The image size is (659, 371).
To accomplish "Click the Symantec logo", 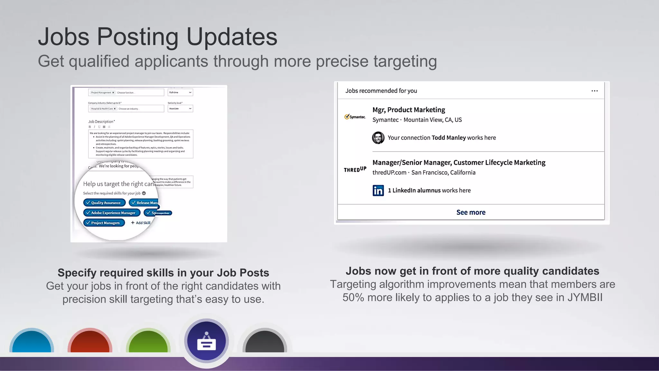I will [x=355, y=117].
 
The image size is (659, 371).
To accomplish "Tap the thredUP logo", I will [x=355, y=169].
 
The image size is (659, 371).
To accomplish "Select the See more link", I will [x=471, y=212].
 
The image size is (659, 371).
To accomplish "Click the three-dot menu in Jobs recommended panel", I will [x=594, y=91].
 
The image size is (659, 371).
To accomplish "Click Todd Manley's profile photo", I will [x=378, y=138].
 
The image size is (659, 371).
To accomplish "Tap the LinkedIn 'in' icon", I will [x=378, y=190].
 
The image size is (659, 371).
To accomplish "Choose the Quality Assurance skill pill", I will [x=104, y=203].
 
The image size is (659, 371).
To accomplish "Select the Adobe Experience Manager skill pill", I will [x=112, y=213].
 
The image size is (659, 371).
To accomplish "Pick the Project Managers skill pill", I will [x=104, y=223].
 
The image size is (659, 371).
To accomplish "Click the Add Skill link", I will [x=141, y=223].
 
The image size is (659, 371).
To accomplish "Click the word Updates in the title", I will [x=232, y=36].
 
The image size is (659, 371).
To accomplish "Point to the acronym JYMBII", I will [x=585, y=297].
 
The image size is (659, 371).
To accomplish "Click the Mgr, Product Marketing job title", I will [x=409, y=110].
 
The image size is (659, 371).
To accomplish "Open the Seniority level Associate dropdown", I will [x=180, y=109].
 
